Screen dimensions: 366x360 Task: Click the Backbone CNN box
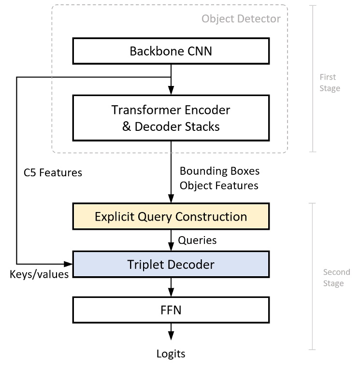click(x=171, y=51)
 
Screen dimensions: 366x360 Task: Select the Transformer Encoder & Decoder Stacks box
click(x=171, y=118)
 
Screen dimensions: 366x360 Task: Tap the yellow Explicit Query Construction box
click(x=171, y=216)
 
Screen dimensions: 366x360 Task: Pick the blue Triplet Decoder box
click(x=171, y=264)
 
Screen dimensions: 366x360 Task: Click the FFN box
click(x=171, y=310)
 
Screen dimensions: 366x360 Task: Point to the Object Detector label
click(x=241, y=19)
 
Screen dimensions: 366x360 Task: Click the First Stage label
click(x=330, y=83)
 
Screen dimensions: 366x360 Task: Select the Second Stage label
click(x=333, y=278)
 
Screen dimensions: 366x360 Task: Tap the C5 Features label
click(x=53, y=172)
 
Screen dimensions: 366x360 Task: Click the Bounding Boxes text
click(x=219, y=171)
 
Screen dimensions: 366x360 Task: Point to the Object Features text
click(x=219, y=185)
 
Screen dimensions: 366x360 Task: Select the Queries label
click(x=197, y=240)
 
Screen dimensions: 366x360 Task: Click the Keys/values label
click(x=39, y=274)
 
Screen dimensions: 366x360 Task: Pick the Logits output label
click(x=171, y=353)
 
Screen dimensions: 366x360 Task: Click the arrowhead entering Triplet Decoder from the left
click(x=69, y=264)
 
